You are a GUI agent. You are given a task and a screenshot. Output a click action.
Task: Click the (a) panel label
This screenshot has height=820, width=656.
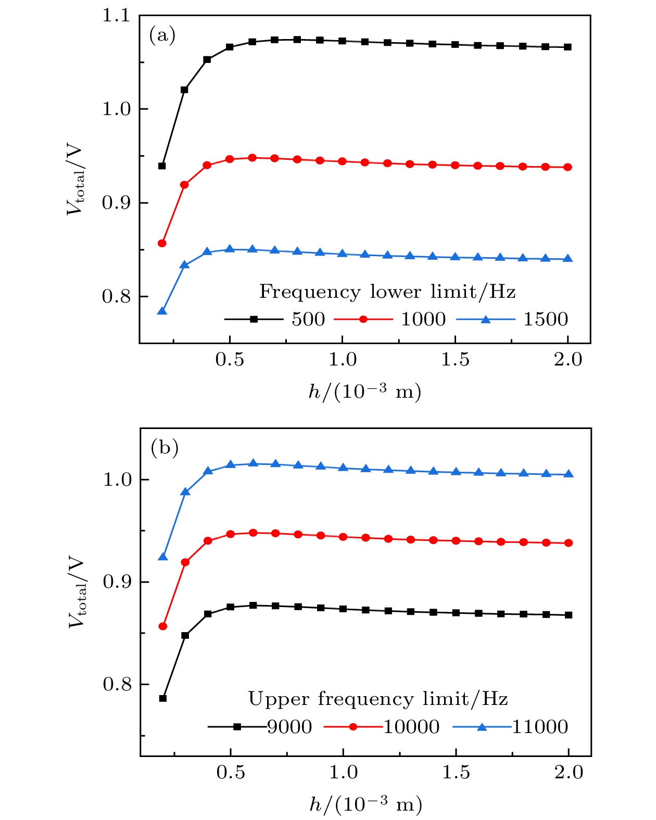pos(162,35)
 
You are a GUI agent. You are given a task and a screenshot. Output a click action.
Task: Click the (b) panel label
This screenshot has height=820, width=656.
pos(164,447)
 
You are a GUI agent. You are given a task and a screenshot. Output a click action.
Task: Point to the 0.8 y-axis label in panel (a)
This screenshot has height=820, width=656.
pos(116,296)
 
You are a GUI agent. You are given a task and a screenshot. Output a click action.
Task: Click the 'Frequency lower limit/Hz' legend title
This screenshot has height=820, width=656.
pos(387,292)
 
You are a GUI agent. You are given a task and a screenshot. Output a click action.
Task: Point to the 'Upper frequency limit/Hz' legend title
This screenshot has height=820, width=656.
pos(378,699)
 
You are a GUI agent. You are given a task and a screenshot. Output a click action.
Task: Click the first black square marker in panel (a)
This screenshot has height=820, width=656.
pos(162,166)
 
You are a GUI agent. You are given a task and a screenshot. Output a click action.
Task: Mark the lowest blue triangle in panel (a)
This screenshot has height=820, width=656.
pos(162,311)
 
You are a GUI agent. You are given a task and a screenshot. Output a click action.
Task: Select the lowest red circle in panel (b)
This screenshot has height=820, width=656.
pos(163,626)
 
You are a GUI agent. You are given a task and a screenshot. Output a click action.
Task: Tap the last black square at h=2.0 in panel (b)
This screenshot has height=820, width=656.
pos(569,615)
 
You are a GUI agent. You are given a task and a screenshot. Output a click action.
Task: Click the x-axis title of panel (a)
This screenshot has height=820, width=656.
pos(365,392)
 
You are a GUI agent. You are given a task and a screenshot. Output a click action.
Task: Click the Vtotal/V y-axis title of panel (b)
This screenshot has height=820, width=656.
pos(77,593)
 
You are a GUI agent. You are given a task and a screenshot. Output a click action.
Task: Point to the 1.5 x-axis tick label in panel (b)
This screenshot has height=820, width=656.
pos(456,772)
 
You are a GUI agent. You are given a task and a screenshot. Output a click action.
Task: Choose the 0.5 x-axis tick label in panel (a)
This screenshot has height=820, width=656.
pos(230,360)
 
